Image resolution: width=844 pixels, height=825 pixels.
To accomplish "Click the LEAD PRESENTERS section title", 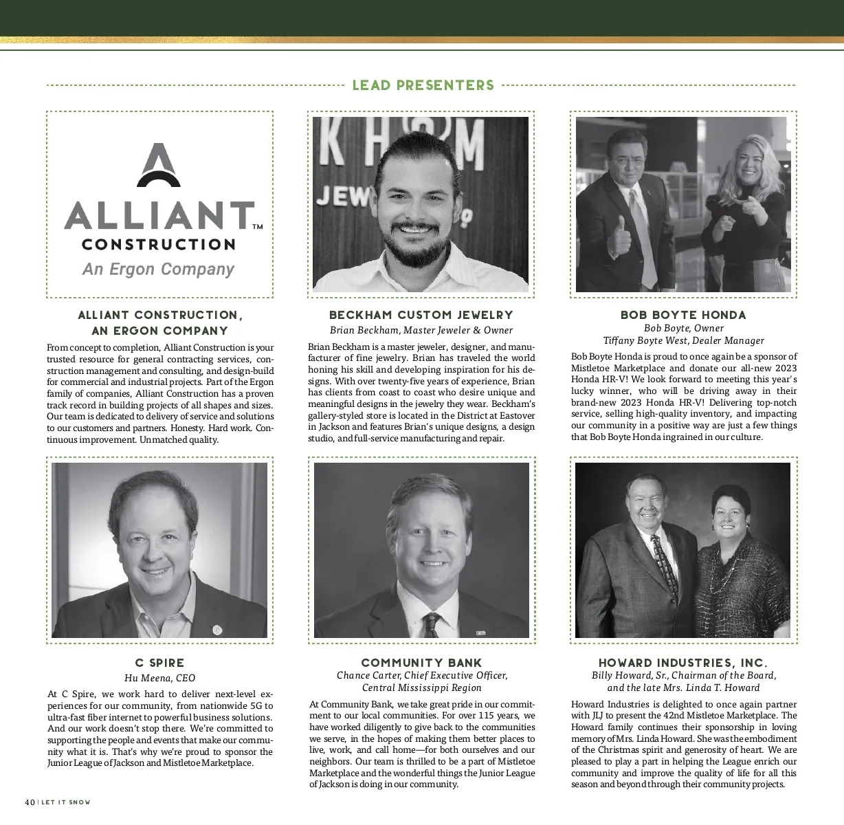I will [423, 85].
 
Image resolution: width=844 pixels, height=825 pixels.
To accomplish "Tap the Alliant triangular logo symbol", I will [159, 166].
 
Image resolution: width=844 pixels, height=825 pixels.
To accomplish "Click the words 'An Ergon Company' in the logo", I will [159, 269].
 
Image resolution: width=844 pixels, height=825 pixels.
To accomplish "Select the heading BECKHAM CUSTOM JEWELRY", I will [421, 315].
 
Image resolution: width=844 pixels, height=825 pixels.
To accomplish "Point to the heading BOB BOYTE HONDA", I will [683, 315].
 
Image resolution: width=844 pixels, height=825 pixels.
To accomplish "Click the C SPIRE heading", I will [159, 663].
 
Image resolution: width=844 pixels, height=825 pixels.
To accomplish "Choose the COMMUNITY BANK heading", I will [421, 663].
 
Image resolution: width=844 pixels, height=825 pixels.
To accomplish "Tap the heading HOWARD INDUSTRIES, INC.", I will [683, 663].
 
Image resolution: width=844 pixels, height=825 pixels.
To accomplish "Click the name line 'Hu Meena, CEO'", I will [159, 678].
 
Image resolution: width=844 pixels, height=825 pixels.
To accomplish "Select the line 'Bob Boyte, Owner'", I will [683, 329].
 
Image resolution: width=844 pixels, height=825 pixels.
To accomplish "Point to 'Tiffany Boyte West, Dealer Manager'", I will [683, 340].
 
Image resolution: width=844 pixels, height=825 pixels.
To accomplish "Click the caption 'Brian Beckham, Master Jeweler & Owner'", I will [421, 330].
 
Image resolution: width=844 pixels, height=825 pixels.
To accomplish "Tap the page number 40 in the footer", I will [30, 802].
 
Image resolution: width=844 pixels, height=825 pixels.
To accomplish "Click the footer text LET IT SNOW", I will [66, 802].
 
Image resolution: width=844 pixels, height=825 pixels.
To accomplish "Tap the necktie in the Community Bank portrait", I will [432, 624].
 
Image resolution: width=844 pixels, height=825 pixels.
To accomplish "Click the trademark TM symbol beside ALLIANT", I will [258, 226].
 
